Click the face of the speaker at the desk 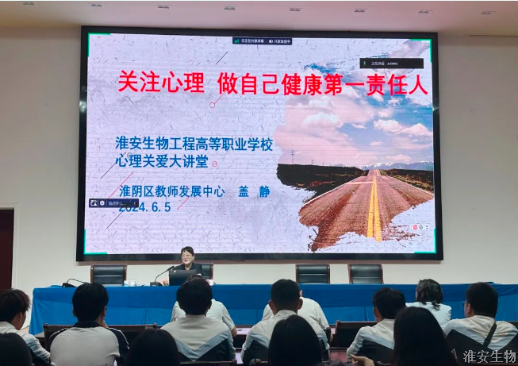point(188,256)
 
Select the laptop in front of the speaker point(184,277)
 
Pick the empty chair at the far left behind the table point(108,274)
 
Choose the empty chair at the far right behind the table point(366,274)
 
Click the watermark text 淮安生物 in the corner point(489,356)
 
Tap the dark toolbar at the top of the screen point(262,40)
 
